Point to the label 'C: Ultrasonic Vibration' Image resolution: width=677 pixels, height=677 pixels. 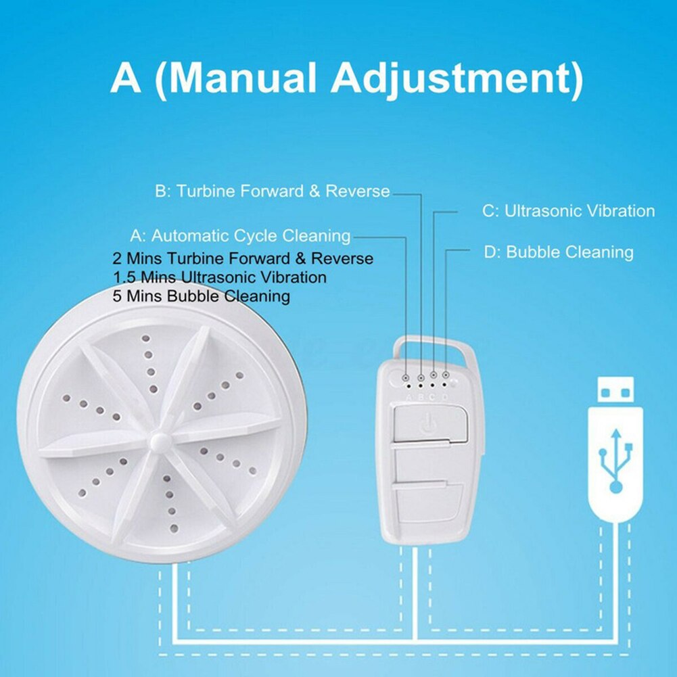pos(568,211)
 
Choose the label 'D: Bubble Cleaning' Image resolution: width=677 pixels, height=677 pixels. pos(559,252)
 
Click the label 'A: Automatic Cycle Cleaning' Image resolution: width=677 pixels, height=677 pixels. pos(240,236)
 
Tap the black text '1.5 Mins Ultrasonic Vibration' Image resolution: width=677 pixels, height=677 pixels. pos(220,277)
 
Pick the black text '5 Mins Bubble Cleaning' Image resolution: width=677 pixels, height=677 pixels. pos(202,296)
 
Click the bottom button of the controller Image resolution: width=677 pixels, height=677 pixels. pos(427,503)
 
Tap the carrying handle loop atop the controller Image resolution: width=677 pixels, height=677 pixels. pos(434,346)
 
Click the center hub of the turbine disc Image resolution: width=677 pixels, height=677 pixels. pos(159,440)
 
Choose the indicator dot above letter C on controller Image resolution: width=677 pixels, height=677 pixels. pos(434,374)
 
